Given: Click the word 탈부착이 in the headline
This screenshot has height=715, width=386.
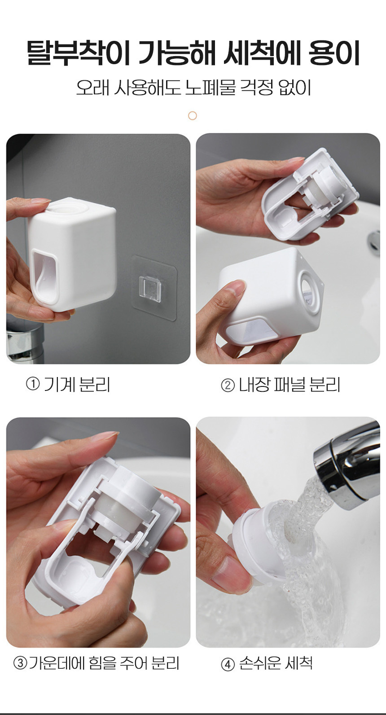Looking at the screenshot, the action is pos(78,53).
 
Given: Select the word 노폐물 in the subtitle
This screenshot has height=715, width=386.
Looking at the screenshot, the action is pos(210,88).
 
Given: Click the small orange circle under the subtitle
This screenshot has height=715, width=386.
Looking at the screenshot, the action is pos(193,115).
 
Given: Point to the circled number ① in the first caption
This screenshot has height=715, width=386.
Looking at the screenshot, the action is pos(33,384).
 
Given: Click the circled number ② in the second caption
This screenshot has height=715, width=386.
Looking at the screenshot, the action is pos(228,385).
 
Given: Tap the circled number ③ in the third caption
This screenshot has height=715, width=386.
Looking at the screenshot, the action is pos(20,663).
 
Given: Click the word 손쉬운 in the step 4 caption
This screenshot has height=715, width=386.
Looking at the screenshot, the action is pos(259,663).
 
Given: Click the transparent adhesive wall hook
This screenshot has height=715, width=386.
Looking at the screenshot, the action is pos(154,287).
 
